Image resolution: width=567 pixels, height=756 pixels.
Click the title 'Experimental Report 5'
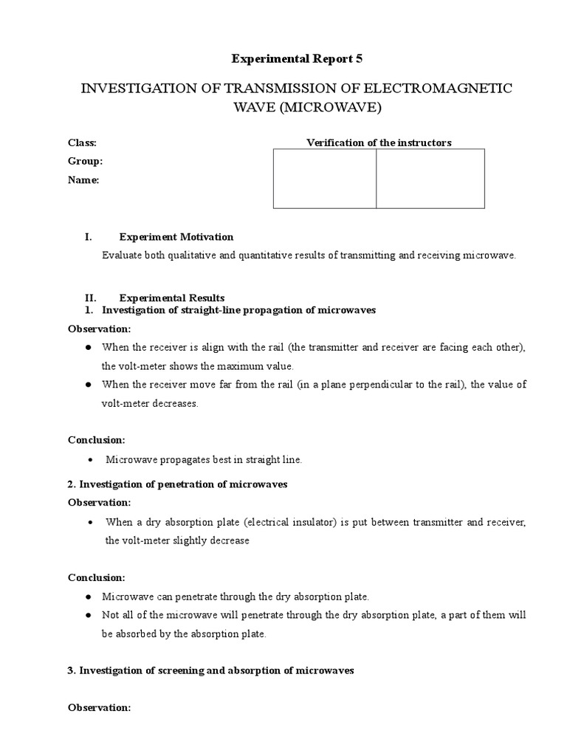(286, 58)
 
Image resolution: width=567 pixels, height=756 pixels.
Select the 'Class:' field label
(82, 142)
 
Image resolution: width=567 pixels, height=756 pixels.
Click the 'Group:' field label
(85, 161)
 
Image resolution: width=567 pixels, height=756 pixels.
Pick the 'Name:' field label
(83, 179)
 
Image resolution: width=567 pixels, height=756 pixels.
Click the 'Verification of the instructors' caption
(379, 142)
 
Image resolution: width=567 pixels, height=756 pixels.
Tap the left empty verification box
(325, 179)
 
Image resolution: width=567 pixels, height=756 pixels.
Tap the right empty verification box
(430, 179)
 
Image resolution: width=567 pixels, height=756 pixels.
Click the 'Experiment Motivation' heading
(176, 237)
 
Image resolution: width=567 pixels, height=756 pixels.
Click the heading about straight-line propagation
(238, 310)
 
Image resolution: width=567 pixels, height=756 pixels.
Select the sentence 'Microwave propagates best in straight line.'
(204, 459)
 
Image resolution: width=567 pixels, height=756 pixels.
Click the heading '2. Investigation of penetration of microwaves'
(178, 484)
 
